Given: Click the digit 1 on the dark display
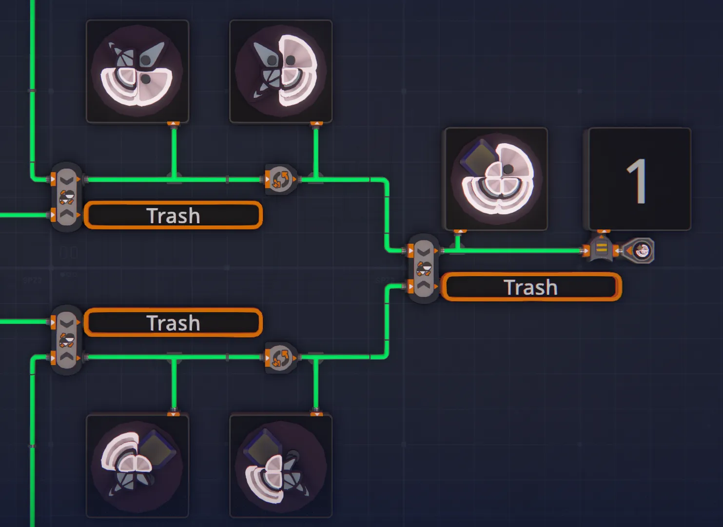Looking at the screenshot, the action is tap(637, 181).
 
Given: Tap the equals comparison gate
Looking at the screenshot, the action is tap(601, 249).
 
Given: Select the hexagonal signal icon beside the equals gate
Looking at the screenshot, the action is tap(639, 250).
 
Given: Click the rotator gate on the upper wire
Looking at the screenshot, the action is tap(280, 180).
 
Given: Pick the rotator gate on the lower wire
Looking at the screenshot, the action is tap(280, 358).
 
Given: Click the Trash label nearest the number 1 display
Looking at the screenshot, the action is tap(530, 287).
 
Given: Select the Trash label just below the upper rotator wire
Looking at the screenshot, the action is tap(174, 216).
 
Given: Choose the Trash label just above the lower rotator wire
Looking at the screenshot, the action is tap(174, 323).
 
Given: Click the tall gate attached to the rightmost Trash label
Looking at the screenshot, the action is tap(424, 268).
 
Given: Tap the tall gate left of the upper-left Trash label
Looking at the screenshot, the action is tap(66, 197).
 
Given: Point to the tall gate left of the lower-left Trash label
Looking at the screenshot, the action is tap(66, 340).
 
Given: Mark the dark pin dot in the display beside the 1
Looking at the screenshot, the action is tap(508, 169).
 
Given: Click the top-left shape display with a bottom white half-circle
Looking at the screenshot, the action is tap(137, 71).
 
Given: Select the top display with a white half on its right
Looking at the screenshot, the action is tap(281, 71).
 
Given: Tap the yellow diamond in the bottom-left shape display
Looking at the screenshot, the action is tap(157, 448).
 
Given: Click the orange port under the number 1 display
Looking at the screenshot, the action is tap(603, 231).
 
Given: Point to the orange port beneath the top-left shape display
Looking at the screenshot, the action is tap(174, 123).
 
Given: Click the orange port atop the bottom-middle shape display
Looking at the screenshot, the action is tap(316, 414).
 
